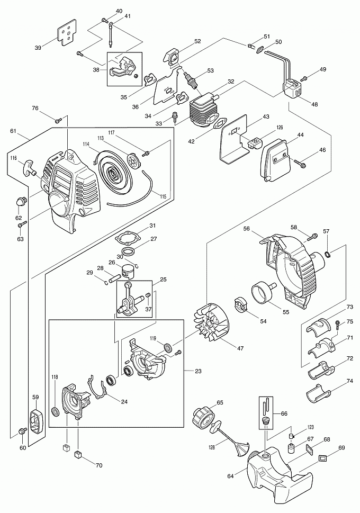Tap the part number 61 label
tap(13, 131)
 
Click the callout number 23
tap(197, 371)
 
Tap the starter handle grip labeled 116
tap(28, 167)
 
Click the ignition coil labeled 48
tap(294, 87)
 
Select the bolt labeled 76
tap(58, 120)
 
